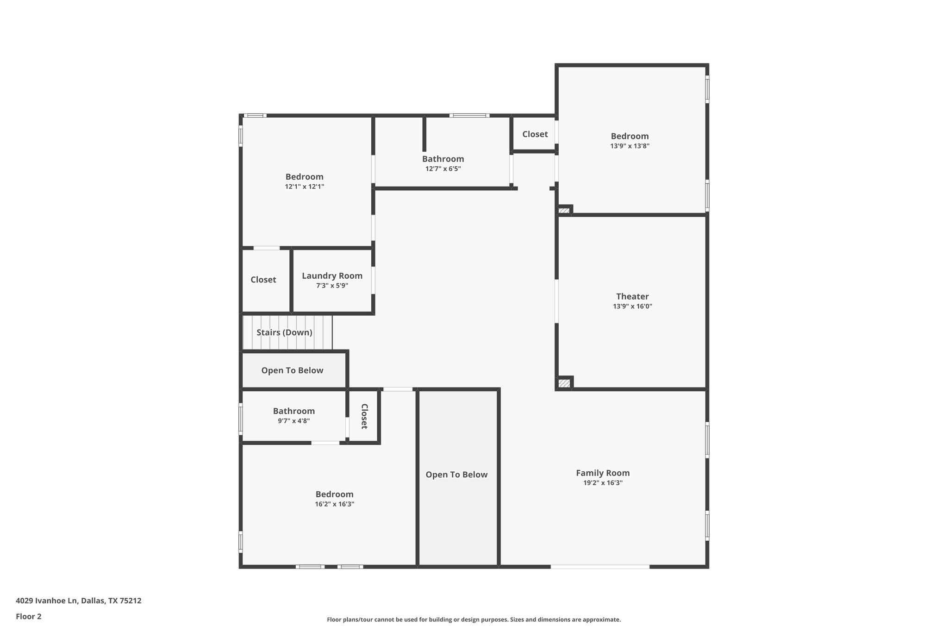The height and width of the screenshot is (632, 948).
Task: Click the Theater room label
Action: [632, 296]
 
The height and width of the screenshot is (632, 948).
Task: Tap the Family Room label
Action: [603, 473]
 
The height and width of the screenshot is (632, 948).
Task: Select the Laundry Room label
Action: [332, 275]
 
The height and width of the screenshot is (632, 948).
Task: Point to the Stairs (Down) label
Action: [284, 332]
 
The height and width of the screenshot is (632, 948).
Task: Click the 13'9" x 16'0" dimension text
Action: [632, 306]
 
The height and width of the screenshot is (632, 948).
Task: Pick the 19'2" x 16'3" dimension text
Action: [603, 483]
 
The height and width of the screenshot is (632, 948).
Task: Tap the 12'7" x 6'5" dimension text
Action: [443, 169]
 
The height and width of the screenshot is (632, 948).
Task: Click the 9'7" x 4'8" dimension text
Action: [293, 421]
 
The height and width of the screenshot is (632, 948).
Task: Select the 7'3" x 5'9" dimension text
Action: [332, 286]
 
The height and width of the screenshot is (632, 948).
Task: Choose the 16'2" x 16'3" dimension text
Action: [334, 504]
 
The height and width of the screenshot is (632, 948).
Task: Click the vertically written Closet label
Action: [364, 416]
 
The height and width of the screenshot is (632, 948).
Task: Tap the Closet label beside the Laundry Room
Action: [263, 280]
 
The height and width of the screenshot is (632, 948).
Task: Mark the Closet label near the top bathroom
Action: [535, 134]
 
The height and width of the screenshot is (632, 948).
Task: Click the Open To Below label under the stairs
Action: [292, 370]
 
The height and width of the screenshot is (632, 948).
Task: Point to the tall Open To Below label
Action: [456, 475]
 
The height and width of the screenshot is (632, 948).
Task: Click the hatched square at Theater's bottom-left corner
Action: [564, 383]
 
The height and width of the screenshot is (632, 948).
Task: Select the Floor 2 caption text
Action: [29, 616]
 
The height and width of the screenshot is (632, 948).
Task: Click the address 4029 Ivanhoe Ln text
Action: [78, 601]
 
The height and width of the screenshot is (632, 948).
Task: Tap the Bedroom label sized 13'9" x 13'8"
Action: [630, 136]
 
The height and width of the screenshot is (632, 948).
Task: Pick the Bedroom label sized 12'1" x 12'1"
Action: [304, 177]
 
